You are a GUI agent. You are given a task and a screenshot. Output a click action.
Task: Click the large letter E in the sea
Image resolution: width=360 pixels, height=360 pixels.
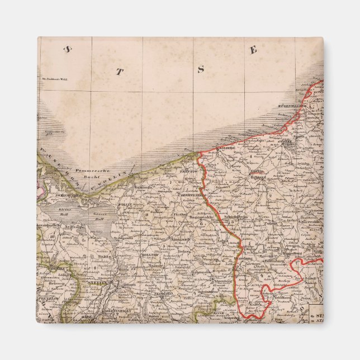(x=253, y=50)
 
